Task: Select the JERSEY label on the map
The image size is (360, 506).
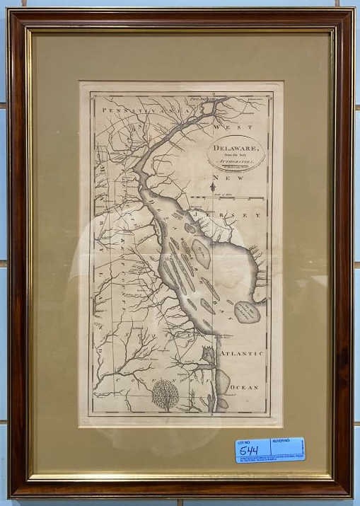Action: click(x=240, y=214)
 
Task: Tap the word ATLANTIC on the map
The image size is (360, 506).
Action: click(x=241, y=352)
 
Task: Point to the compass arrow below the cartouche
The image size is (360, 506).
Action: click(x=213, y=188)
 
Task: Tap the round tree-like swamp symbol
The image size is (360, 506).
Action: click(x=166, y=395)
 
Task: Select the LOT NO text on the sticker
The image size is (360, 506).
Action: click(x=243, y=440)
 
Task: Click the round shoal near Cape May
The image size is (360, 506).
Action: click(x=247, y=310)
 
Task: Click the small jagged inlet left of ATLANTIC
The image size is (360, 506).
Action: click(x=208, y=354)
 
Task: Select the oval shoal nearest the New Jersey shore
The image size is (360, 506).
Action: click(x=202, y=251)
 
